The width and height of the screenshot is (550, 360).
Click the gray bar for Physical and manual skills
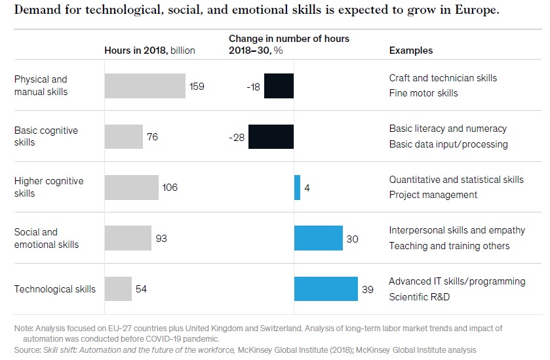pos(145,86)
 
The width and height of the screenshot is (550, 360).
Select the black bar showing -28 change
pos(272,137)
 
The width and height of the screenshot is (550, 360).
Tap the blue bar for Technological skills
pos(326,289)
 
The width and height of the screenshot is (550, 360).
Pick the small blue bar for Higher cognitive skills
pos(298,188)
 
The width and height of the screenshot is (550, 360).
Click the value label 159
pos(197,86)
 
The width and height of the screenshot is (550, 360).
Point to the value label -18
pos(253,87)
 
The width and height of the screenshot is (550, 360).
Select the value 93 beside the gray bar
pos(161,239)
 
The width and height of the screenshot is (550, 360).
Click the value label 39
pos(368,289)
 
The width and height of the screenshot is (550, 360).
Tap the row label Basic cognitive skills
pos(46,136)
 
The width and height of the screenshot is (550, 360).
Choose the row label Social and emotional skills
pos(47,238)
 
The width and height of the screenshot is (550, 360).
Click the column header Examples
pos(411,50)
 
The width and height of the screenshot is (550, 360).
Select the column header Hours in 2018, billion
pos(149,50)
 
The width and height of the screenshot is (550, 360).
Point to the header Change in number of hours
pos(288,39)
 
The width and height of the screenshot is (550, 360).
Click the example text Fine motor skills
pos(423,93)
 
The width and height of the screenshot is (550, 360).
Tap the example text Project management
pos(433,195)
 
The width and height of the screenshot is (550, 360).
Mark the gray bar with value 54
pos(118,289)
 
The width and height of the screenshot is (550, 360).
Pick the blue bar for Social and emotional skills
pos(319,238)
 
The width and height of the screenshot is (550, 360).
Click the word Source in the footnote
pos(26,350)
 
